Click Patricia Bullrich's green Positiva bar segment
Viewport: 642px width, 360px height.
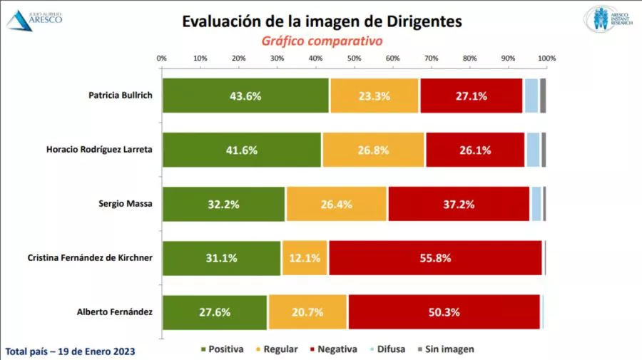click(245, 96)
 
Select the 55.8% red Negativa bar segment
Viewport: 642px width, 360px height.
click(436, 258)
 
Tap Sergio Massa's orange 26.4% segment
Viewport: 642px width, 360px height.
click(337, 204)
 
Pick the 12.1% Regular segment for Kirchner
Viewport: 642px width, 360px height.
click(305, 258)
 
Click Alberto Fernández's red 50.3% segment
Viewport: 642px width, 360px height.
click(444, 312)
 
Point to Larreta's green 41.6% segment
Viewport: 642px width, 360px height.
click(242, 150)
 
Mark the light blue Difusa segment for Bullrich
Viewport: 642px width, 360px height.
click(531, 96)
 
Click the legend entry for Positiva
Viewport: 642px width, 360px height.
click(223, 349)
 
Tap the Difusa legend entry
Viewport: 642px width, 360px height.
click(387, 349)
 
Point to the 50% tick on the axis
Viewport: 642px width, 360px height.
click(355, 58)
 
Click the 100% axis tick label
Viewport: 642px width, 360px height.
click(547, 58)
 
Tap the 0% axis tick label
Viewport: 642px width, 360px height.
click(162, 58)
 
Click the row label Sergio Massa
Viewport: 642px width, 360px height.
click(126, 203)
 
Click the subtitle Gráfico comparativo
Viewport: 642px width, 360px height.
click(321, 41)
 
